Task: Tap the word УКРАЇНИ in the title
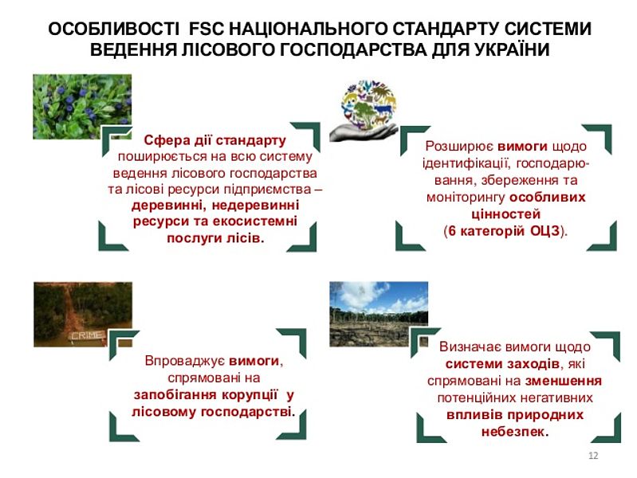pyautogui.click(x=509, y=49)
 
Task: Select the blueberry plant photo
pyautogui.click(x=82, y=107)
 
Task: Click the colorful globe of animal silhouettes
pyautogui.click(x=368, y=105)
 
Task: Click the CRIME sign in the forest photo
pyautogui.click(x=87, y=335)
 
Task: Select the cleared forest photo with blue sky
pyautogui.click(x=379, y=314)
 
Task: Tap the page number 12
pyautogui.click(x=593, y=455)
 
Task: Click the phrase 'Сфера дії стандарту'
pyautogui.click(x=215, y=140)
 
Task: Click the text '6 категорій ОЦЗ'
pyautogui.click(x=504, y=231)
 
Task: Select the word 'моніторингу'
pyautogui.click(x=465, y=198)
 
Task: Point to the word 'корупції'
pyautogui.click(x=250, y=394)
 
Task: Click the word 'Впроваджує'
pyautogui.click(x=184, y=361)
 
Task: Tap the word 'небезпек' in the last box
pyautogui.click(x=513, y=431)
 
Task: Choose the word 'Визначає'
pyautogui.click(x=469, y=347)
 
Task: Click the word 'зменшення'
pyautogui.click(x=563, y=381)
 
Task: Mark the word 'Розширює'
pyautogui.click(x=459, y=147)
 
